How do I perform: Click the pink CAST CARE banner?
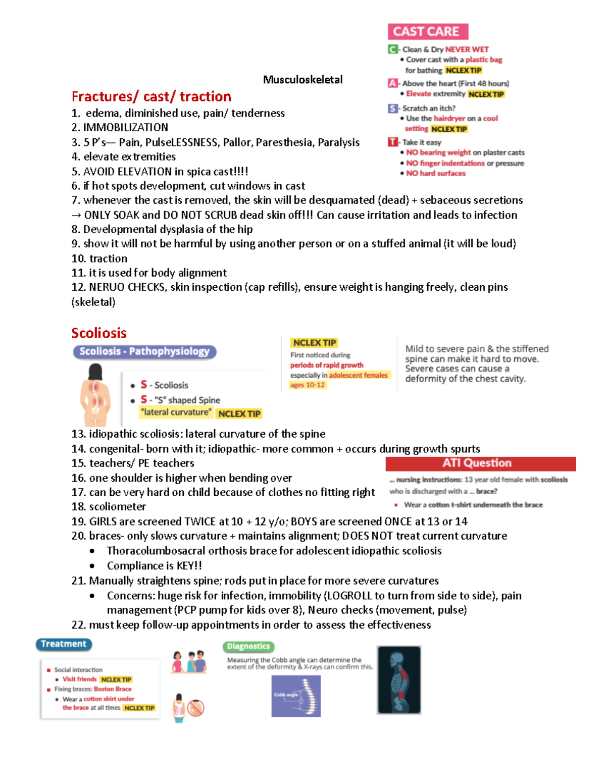point(428,32)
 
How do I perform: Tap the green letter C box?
point(392,49)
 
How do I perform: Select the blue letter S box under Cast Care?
point(392,109)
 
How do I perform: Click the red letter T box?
point(392,142)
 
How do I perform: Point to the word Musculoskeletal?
point(302,80)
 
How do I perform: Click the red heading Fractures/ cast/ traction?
point(151,96)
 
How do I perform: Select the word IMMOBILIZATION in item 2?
point(126,128)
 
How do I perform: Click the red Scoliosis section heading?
point(99,333)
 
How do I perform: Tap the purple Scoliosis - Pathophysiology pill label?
point(144,351)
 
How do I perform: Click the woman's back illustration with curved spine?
point(95,396)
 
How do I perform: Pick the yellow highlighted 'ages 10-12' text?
point(307,385)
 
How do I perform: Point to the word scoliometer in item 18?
point(118,507)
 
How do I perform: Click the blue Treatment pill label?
point(64,644)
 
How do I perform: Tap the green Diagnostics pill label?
point(248,646)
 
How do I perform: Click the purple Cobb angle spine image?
point(296,696)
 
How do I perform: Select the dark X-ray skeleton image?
point(399,680)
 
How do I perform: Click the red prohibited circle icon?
point(195,708)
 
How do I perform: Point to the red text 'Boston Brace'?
point(113,689)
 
